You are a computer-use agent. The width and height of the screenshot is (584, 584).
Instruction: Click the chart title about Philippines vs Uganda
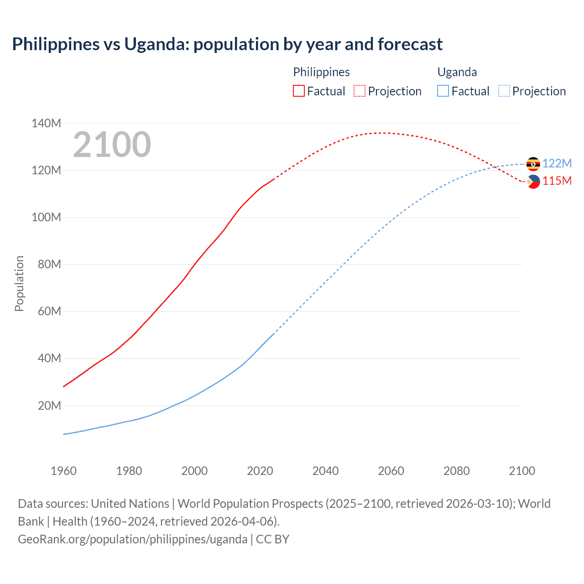227,44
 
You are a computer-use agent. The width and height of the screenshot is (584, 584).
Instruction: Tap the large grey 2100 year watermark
112,145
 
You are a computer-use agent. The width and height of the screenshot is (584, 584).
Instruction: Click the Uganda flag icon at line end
533,164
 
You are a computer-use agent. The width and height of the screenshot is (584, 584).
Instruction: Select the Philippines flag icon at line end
533,181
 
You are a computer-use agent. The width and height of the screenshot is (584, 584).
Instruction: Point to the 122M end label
557,163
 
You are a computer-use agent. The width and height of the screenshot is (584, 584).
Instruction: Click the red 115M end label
557,181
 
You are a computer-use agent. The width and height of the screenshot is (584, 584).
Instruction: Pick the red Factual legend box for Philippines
299,91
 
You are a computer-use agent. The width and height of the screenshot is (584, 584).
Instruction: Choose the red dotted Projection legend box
360,91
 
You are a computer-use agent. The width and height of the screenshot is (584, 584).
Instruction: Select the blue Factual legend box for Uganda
443,91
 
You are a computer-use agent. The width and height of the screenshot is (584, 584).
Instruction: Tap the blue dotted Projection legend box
504,91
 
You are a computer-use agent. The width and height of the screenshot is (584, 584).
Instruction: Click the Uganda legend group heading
457,72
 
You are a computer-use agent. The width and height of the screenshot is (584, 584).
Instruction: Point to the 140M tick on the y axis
46,123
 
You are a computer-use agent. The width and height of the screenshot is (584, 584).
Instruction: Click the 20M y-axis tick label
49,406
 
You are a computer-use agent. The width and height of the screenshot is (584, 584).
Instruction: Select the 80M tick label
49,264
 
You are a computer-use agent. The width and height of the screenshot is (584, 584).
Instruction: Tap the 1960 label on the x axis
63,471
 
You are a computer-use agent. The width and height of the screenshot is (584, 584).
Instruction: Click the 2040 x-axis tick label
325,471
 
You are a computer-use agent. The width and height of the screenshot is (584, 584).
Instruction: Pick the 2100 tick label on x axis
522,471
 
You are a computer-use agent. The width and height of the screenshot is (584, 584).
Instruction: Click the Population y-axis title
19,283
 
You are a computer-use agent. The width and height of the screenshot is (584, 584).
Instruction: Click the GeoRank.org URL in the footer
132,539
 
